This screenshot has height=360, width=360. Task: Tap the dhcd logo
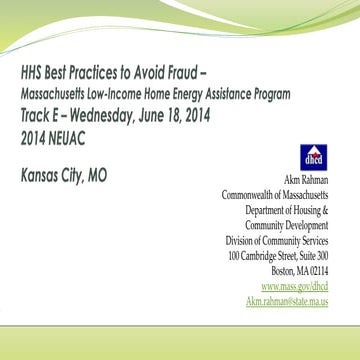point(311,157)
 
